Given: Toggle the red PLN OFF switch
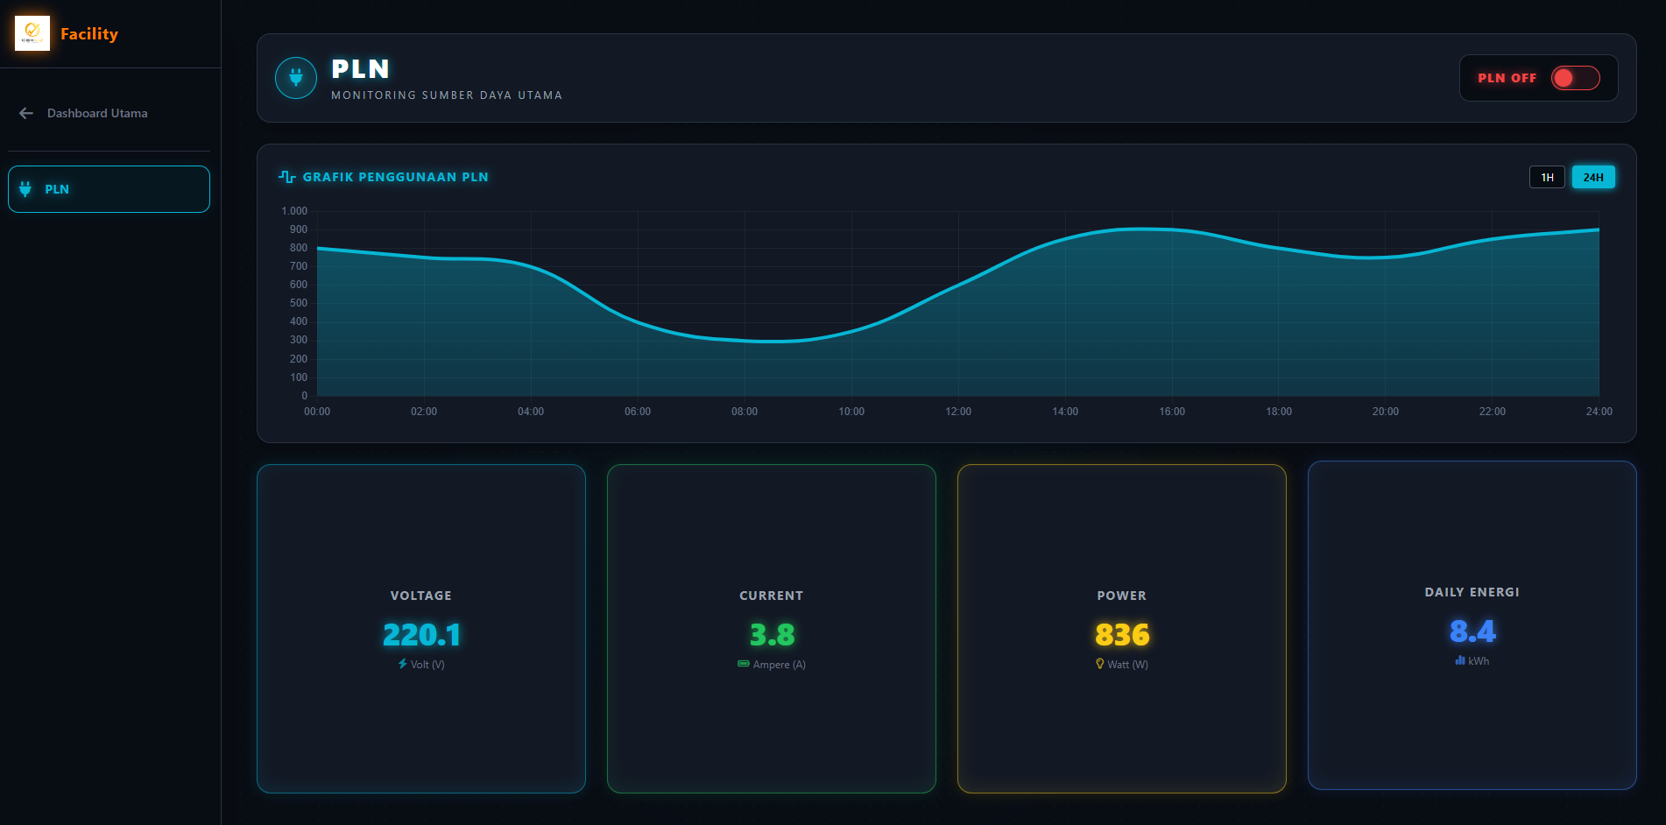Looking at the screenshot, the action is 1575,78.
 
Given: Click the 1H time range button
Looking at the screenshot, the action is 1547,177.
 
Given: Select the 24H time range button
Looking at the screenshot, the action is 1593,177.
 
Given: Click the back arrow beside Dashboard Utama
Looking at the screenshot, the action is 26,113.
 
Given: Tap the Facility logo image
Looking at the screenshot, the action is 32,33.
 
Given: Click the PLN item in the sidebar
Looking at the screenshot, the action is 109,189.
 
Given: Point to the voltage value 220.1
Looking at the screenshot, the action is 421,634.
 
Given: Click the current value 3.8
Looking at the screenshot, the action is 772,634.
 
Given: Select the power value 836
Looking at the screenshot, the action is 1122,634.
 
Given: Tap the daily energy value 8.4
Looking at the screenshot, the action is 1472,631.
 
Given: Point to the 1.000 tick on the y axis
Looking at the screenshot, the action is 294,211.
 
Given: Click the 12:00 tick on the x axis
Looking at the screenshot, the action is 958,412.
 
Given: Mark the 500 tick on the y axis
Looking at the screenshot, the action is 299,303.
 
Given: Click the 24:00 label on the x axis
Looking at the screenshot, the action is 1599,412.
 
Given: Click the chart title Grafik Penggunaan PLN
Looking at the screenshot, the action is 395,177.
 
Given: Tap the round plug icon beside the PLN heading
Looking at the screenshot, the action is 296,78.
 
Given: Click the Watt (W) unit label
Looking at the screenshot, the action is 1127,665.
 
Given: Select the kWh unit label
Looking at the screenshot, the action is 1479,661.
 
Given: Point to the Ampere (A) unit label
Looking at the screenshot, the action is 780,665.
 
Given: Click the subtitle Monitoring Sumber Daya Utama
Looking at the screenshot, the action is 447,95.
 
